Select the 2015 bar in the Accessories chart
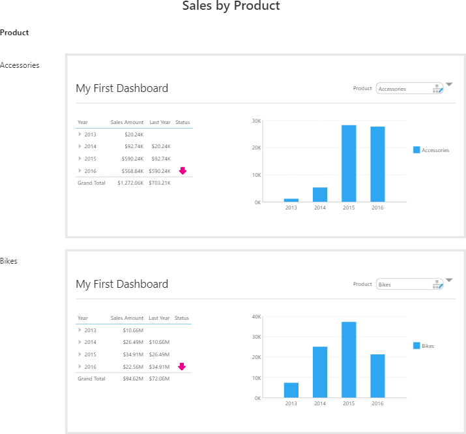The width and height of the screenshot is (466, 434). [349, 163]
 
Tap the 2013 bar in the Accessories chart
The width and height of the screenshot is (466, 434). [291, 200]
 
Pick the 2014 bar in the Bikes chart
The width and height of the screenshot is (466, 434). [320, 372]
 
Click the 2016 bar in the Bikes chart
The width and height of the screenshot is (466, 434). [377, 376]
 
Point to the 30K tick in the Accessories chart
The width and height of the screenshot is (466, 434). [257, 121]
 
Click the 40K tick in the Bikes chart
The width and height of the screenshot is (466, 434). [257, 317]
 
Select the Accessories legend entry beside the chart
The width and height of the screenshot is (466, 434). [431, 150]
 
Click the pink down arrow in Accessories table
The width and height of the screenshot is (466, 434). [182, 171]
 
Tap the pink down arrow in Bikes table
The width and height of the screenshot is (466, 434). [182, 367]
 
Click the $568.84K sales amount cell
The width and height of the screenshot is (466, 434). [132, 171]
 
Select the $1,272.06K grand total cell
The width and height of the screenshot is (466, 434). [130, 183]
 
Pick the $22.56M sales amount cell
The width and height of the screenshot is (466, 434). [133, 367]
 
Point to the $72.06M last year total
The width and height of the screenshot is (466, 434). [160, 379]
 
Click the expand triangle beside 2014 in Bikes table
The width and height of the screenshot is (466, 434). [80, 342]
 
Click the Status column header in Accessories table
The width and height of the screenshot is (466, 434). [182, 122]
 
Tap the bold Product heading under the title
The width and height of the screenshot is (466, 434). [14, 33]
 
